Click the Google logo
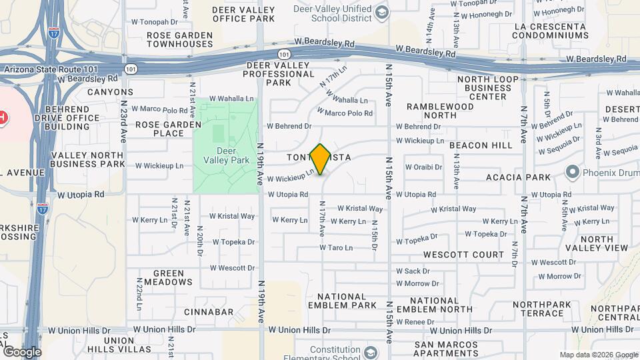click(x=21, y=352)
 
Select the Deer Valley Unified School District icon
click(x=381, y=12)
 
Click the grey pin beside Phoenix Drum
click(x=571, y=172)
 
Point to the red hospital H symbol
click(x=2, y=118)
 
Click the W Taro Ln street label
click(x=335, y=247)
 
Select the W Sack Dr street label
click(x=412, y=271)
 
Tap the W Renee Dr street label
click(x=415, y=322)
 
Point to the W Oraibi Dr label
click(x=423, y=167)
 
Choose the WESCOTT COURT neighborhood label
click(x=464, y=255)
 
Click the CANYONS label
click(x=110, y=91)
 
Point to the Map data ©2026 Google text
click(x=599, y=355)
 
